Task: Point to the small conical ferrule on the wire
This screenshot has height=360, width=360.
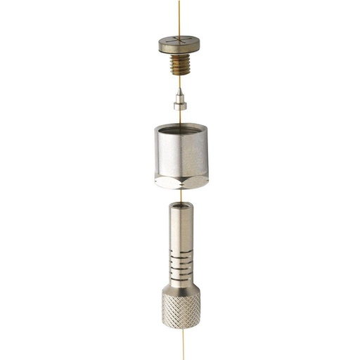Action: (x=180, y=100)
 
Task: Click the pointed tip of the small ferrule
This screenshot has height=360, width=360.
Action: (x=180, y=90)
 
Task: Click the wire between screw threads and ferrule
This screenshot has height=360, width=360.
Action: (x=180, y=83)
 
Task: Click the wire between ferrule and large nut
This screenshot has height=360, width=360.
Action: (x=180, y=116)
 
